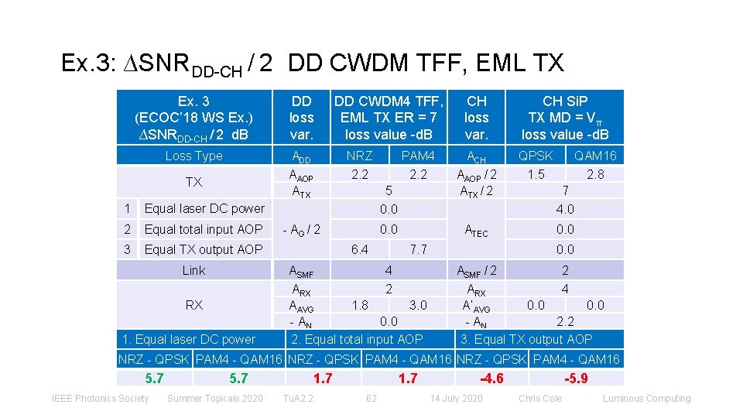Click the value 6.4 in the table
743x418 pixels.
tap(359, 249)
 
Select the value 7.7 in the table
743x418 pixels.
tap(418, 249)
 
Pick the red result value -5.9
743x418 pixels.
tap(576, 379)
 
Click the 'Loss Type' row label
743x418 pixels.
tap(193, 156)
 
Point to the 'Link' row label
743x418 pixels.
tap(193, 270)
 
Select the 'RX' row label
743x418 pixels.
tap(193, 305)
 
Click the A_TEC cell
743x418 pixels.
tap(476, 230)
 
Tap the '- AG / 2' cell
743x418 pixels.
tap(301, 230)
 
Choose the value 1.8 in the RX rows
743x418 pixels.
tap(359, 305)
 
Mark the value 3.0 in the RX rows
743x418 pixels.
tap(418, 305)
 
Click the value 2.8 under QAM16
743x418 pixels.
tap(594, 175)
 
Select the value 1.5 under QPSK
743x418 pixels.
tap(536, 175)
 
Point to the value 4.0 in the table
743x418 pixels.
tap(565, 209)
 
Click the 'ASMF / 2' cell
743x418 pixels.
tap(477, 271)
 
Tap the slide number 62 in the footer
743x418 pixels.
tap(371, 399)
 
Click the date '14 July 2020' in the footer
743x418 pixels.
tap(456, 399)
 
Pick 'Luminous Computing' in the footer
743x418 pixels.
tap(646, 399)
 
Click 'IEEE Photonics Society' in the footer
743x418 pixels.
tap(100, 399)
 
